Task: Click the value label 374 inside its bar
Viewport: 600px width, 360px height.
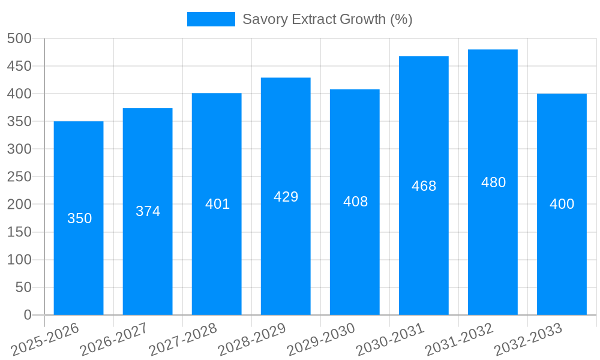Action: click(148, 211)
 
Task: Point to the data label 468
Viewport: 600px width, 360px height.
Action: click(424, 186)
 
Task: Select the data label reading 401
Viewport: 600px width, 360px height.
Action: click(217, 204)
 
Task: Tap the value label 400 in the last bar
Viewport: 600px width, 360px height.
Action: click(562, 204)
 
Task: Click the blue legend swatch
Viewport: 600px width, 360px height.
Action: click(211, 19)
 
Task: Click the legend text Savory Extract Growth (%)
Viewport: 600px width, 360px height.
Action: click(327, 19)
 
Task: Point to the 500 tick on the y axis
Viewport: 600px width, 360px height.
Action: click(19, 38)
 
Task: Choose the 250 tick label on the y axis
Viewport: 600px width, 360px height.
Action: click(19, 176)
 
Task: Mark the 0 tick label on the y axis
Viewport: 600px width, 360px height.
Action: click(27, 315)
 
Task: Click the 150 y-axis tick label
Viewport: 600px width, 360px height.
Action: click(19, 232)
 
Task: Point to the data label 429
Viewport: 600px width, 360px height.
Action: click(286, 197)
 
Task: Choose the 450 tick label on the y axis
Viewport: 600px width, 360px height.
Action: click(19, 66)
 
